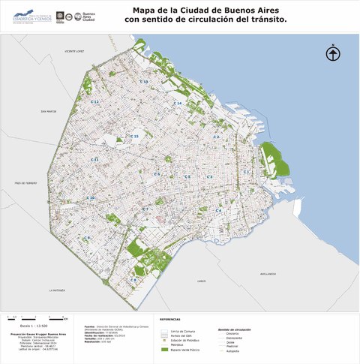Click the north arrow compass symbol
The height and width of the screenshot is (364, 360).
[333, 53]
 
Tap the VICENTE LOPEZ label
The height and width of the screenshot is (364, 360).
[76, 52]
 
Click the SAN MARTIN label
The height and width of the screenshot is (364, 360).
[46, 111]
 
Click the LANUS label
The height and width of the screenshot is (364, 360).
[201, 281]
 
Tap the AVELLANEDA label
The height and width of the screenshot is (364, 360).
[268, 274]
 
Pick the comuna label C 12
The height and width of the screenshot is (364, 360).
[95, 101]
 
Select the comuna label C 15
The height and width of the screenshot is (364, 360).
[135, 136]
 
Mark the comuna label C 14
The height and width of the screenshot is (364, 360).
[178, 103]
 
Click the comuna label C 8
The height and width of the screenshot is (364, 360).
[133, 279]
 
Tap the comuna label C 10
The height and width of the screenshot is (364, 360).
[91, 198]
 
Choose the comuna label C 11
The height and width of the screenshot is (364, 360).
[94, 160]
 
